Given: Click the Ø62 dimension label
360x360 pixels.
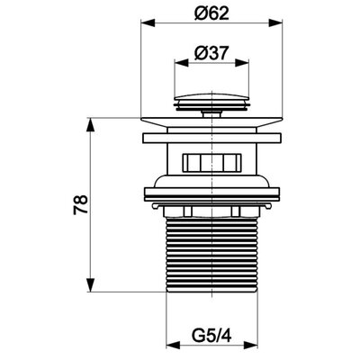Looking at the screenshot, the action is pos(211,13).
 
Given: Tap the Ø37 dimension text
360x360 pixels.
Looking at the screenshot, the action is pos(211,53).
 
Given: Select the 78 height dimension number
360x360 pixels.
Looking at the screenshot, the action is pos(80,204).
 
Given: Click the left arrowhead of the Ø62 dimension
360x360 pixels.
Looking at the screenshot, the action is pos(148,23).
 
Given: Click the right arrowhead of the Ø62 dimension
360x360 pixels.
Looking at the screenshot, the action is pos(275,23).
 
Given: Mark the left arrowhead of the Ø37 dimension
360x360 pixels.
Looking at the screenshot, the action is pos(182,63).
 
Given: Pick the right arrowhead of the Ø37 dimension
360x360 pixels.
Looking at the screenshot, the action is pos(242,63).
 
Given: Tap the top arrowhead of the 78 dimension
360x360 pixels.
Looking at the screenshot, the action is pos(90,124).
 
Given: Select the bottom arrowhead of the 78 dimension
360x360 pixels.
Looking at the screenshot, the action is pos(90,284).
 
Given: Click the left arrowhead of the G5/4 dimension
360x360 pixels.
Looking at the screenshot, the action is pos(173,345).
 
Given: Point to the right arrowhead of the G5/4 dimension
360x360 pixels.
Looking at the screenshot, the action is pos(251,345).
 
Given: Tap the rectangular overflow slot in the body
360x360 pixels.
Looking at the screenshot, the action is pos(211,163).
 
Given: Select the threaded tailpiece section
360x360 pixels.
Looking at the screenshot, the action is pos(211,254).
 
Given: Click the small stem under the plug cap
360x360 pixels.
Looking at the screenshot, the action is pos(211,113).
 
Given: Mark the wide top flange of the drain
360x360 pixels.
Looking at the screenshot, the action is pos(211,121).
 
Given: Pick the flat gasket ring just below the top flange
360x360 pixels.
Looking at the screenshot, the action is pos(211,138).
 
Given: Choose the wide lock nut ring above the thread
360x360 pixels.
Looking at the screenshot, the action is pos(211,194).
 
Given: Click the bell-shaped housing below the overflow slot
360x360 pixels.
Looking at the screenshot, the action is pos(211,181).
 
